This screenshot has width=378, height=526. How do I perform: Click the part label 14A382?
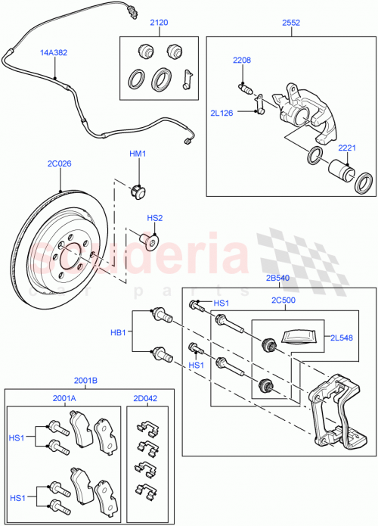pyautogui.click(x=54, y=52)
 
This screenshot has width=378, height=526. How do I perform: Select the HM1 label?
pyautogui.click(x=137, y=154)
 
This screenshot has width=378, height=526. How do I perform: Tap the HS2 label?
pyautogui.click(x=154, y=218)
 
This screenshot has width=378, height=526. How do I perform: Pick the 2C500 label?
pyautogui.click(x=284, y=300)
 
